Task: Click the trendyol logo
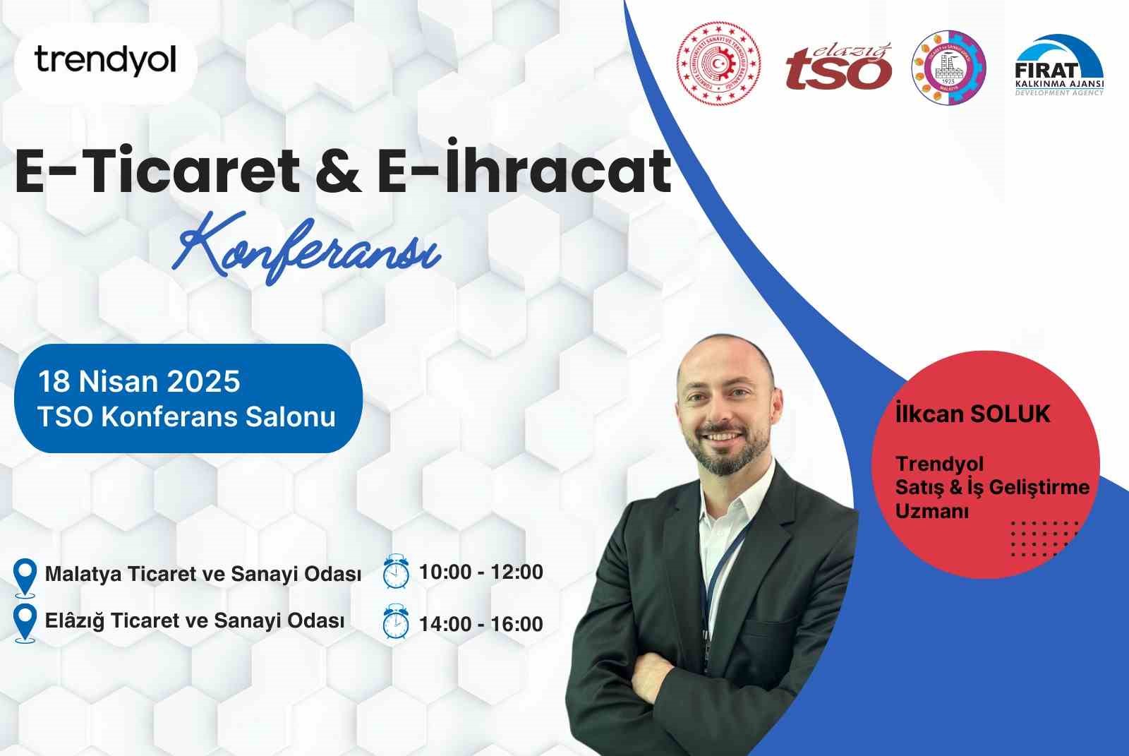pos(105,61)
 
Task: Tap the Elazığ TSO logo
pos(838,68)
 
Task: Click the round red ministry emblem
pos(719,64)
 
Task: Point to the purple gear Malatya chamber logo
pos(948,68)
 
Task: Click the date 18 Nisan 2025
pos(139,382)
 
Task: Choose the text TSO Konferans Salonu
pos(186,416)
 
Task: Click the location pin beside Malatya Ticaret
pos(25,577)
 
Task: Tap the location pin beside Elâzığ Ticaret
pos(25,623)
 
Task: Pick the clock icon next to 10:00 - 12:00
pos(396,572)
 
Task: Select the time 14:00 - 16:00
pos(481,624)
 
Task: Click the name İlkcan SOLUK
pos(972,414)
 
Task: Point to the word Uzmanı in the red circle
pos(931,511)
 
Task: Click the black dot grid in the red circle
pos(1044,538)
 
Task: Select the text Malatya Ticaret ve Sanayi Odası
pos(203,574)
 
